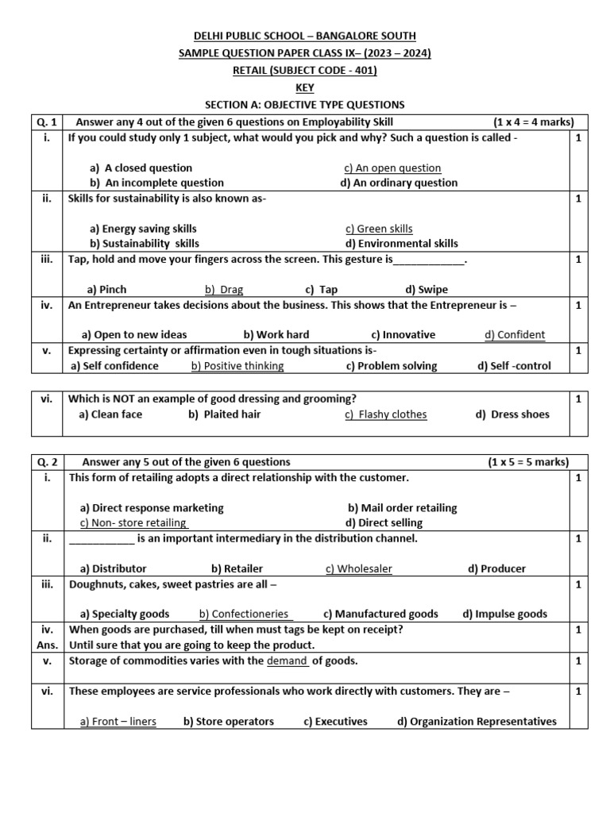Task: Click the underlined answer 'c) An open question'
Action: [x=392, y=168]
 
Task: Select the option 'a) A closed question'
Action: [x=141, y=168]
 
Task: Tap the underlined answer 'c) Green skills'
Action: [x=378, y=229]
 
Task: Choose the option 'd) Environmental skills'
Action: [x=401, y=244]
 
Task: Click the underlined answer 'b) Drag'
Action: [x=224, y=290]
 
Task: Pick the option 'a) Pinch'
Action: [x=106, y=290]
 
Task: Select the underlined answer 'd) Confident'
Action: [x=515, y=335]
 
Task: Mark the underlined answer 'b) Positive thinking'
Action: [x=237, y=366]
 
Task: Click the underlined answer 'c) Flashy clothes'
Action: [x=386, y=414]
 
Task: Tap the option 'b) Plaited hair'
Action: [x=225, y=414]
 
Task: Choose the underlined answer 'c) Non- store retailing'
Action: [x=133, y=523]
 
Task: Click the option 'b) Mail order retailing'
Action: [x=402, y=508]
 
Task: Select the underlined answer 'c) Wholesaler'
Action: [x=359, y=568]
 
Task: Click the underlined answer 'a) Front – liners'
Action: [x=118, y=722]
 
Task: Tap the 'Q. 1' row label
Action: [x=48, y=121]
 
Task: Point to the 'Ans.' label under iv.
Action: [x=48, y=645]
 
